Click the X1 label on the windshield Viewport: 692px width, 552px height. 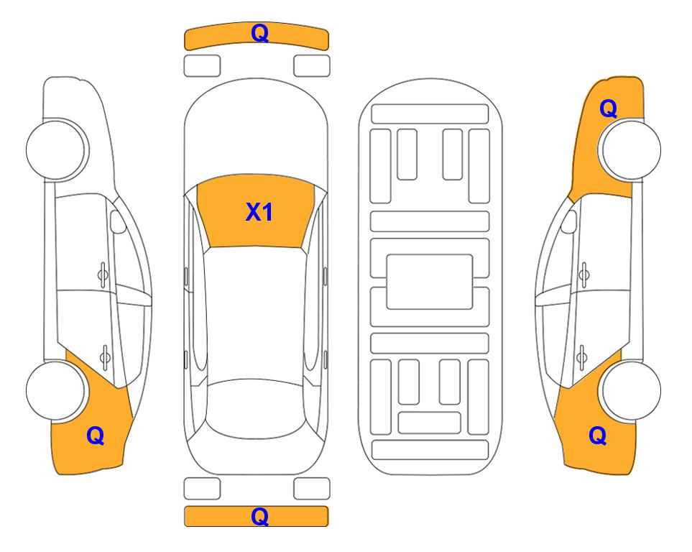click(259, 212)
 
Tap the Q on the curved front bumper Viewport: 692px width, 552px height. click(260, 32)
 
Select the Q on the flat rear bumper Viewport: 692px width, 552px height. click(260, 516)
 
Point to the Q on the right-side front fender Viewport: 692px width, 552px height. click(608, 109)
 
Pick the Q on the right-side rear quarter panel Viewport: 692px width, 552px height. click(598, 436)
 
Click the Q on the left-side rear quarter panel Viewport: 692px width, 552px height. click(96, 436)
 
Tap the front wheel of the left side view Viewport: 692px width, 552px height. click(57, 149)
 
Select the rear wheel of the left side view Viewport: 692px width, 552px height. click(55, 390)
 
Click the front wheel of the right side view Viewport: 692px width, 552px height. click(632, 149)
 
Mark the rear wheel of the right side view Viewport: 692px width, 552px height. click(632, 390)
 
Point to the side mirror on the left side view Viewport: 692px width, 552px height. click(117, 221)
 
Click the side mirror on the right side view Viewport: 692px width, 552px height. click(569, 221)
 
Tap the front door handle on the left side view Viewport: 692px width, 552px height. click(103, 275)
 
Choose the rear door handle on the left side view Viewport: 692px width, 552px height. click(105, 356)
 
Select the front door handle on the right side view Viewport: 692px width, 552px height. click(584, 275)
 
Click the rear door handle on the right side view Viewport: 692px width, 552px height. click(582, 356)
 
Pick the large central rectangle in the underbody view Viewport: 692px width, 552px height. click(430, 282)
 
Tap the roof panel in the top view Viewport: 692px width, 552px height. click(255, 313)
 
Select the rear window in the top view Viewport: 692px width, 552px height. click(256, 408)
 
